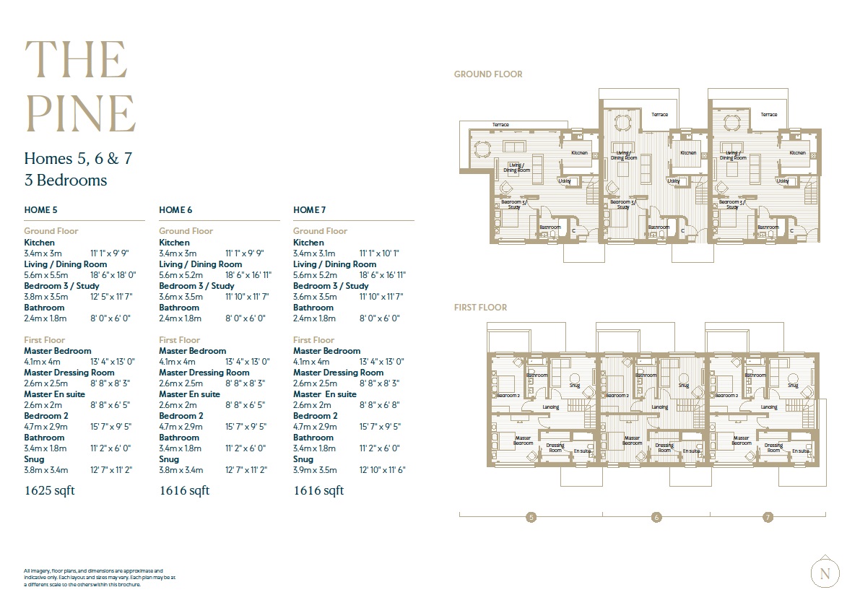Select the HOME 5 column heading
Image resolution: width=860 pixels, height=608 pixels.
(x=40, y=210)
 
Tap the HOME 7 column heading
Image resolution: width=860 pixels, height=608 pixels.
(x=310, y=210)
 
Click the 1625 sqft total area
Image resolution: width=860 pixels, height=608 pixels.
(x=49, y=491)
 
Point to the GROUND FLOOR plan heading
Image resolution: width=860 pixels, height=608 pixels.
(x=488, y=74)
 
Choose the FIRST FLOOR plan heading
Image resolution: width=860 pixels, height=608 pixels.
(x=480, y=308)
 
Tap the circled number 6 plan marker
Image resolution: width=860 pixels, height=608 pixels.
(x=656, y=517)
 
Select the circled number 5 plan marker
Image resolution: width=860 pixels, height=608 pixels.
(x=531, y=517)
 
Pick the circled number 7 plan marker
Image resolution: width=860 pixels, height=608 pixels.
(x=768, y=517)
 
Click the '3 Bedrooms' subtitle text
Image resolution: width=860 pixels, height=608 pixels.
(x=65, y=180)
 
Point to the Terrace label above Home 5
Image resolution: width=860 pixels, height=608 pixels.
(x=500, y=125)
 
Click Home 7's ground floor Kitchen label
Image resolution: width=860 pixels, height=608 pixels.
(x=797, y=153)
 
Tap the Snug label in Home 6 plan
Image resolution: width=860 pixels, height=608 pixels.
(x=683, y=386)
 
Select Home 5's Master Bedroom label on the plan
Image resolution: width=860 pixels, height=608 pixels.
(x=523, y=440)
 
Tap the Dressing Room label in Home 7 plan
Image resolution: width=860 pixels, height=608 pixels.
(x=773, y=448)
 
